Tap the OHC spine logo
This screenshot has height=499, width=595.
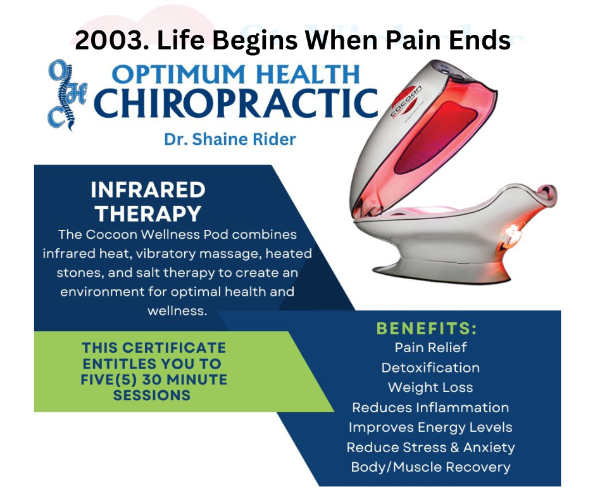tap(67, 95)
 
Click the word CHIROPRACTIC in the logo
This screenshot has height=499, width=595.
tap(235, 103)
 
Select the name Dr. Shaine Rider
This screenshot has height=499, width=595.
tap(230, 139)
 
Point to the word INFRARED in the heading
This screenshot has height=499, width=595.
tap(148, 190)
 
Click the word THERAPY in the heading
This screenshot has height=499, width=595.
tap(148, 213)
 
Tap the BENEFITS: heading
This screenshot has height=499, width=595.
tap(427, 329)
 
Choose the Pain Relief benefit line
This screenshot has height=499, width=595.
tap(430, 348)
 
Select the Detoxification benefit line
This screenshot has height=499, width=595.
tap(430, 368)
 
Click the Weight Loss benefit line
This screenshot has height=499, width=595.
tap(430, 388)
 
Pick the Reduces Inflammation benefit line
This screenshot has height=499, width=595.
tap(430, 407)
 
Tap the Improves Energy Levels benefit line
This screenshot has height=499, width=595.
tap(430, 427)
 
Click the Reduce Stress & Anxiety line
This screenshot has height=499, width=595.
tap(430, 447)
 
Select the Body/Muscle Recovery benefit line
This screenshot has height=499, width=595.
tap(430, 467)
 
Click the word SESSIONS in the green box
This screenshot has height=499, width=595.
tap(152, 395)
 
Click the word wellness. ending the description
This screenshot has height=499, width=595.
tap(177, 311)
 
